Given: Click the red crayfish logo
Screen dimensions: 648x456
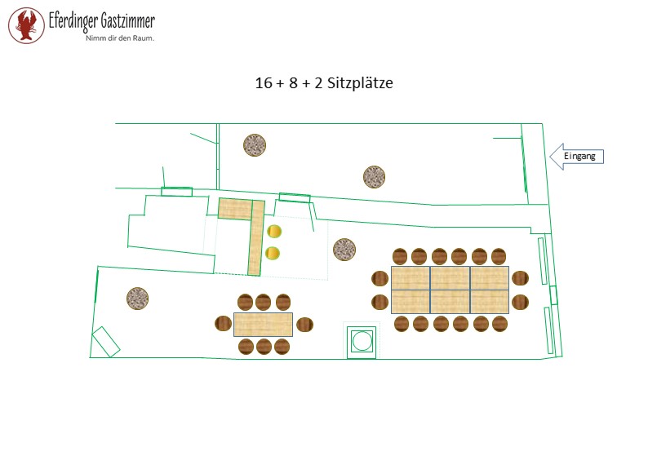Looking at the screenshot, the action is [26, 25].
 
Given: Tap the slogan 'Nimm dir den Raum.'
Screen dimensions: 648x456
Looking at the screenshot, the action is [120, 38].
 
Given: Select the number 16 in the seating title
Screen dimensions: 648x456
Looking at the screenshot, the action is [264, 83].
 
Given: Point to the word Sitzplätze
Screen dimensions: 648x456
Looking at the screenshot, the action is [360, 83].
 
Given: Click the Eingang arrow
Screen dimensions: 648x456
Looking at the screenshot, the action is [576, 157].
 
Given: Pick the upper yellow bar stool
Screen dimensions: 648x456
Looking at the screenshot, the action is [273, 232].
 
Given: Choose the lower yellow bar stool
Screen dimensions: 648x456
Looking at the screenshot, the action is [273, 253].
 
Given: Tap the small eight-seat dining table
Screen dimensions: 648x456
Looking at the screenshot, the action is [264, 325].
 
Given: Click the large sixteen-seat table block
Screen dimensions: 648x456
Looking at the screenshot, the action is [450, 290].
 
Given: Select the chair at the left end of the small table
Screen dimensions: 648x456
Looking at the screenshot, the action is [223, 323].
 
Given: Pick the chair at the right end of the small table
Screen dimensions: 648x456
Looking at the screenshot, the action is [305, 324].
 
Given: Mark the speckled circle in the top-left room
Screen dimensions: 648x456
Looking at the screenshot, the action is [255, 145].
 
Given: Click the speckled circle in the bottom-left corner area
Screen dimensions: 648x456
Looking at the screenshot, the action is [138, 298].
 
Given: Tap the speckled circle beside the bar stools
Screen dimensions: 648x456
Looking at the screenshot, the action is [344, 250].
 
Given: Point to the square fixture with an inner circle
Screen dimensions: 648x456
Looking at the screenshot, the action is [362, 341].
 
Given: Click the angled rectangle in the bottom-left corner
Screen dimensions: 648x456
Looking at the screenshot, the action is [106, 342].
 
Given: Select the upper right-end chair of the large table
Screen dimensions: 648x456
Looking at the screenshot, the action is [521, 278].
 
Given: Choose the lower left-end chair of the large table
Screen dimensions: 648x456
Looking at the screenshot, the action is [379, 303].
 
